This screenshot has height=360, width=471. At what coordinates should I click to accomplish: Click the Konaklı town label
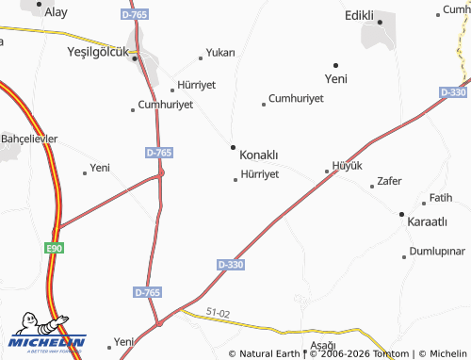coord(259,154)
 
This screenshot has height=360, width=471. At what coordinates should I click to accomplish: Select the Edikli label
coord(360,15)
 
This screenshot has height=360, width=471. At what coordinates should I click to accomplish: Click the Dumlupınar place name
coord(438,253)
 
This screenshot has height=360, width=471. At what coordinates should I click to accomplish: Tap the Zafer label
coord(389,181)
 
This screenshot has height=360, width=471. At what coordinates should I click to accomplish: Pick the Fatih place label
coord(441,198)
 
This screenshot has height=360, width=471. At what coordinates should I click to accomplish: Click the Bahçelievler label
coord(29,139)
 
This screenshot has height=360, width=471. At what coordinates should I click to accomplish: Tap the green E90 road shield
coord(56,248)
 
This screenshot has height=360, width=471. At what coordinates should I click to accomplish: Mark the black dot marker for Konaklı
coord(233,147)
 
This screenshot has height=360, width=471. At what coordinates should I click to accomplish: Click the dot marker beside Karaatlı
coord(401,214)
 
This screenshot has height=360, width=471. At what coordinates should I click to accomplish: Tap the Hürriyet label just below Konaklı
coord(260,174)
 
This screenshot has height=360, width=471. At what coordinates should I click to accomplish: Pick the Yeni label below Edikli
coord(335,79)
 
